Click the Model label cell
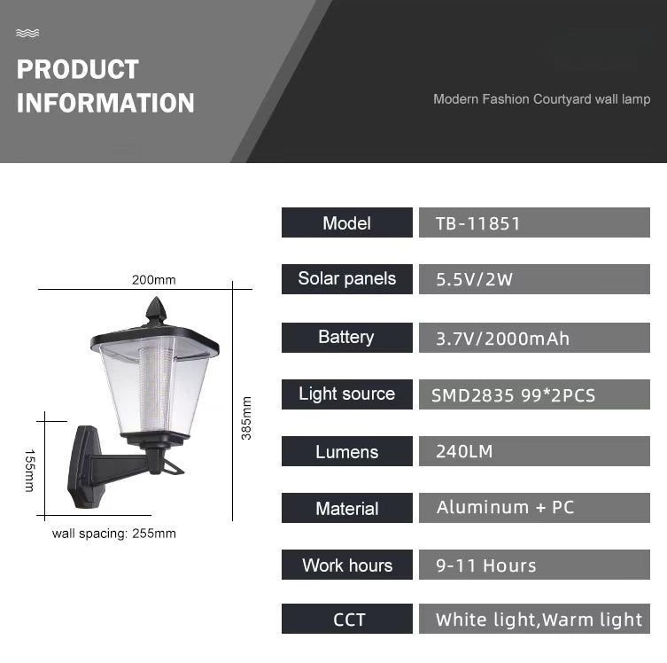tap(346, 222)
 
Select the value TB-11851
tap(477, 223)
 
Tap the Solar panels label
tap(346, 279)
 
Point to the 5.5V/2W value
tap(475, 280)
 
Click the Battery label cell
tap(346, 337)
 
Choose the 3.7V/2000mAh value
tap(502, 338)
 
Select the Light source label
tap(346, 394)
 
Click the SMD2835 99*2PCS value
tap(514, 395)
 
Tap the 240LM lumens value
tap(464, 451)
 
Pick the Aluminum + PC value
tap(505, 508)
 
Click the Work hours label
tap(346, 565)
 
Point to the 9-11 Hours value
tap(485, 565)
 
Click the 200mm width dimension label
tap(154, 280)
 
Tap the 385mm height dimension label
tap(246, 417)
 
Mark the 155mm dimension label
tap(28, 471)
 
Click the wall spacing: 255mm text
tap(113, 534)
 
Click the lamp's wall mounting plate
tap(87, 465)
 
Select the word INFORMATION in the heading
tap(105, 103)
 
